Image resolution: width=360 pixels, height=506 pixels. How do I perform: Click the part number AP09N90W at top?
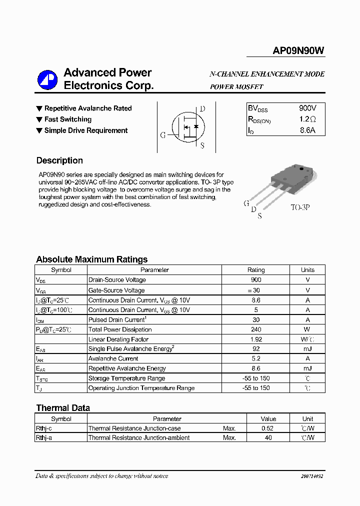coord(298,50)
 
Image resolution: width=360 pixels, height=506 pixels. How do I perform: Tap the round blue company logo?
coord(48,79)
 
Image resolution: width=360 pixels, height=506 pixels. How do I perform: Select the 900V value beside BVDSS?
coord(307,108)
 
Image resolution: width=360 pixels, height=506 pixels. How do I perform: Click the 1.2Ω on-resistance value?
coord(307,119)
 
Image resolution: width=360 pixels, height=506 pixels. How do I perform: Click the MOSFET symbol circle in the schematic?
coord(186,127)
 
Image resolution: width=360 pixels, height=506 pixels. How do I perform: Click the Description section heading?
coord(59,160)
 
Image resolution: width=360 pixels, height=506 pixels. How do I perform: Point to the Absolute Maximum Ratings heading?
coord(91,259)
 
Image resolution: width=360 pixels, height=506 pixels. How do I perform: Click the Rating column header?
coord(256,270)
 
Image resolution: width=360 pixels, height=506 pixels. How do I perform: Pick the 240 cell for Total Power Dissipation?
coord(256,329)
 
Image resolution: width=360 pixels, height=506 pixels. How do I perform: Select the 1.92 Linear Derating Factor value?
coord(256,339)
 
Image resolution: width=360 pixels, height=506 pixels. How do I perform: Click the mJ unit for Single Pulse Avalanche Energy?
coord(307,349)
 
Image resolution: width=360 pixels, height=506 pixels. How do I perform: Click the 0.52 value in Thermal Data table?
coord(268,428)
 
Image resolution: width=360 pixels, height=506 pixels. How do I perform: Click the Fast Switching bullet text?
coord(67,119)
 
